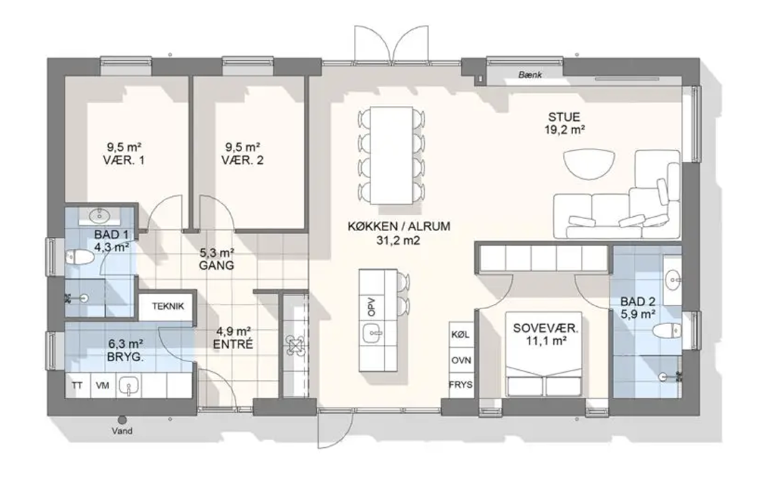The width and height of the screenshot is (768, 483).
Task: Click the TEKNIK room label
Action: pos(168,306)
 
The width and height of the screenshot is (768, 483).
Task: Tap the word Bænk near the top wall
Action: pos(530,75)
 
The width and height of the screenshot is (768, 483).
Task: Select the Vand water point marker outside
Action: pos(122,420)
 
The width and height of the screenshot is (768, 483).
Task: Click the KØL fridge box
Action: pos(461,335)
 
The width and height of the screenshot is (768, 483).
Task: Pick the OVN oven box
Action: pos(461,360)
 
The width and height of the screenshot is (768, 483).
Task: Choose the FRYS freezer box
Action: pos(461,385)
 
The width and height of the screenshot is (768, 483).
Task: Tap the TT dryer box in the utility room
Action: pos(77,386)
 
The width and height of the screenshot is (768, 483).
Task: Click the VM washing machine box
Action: pos(102,386)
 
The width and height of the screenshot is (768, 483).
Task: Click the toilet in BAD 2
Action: pos(666,331)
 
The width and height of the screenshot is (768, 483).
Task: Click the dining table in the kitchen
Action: pos(391,155)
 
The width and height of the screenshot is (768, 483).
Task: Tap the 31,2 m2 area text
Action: pos(399,240)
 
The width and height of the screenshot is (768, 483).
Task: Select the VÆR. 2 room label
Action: pos(242,160)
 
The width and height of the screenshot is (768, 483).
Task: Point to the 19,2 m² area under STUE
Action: pos(565,130)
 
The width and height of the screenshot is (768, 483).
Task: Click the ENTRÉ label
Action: pos(233,344)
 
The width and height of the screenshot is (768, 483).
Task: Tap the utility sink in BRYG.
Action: pos(128,385)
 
